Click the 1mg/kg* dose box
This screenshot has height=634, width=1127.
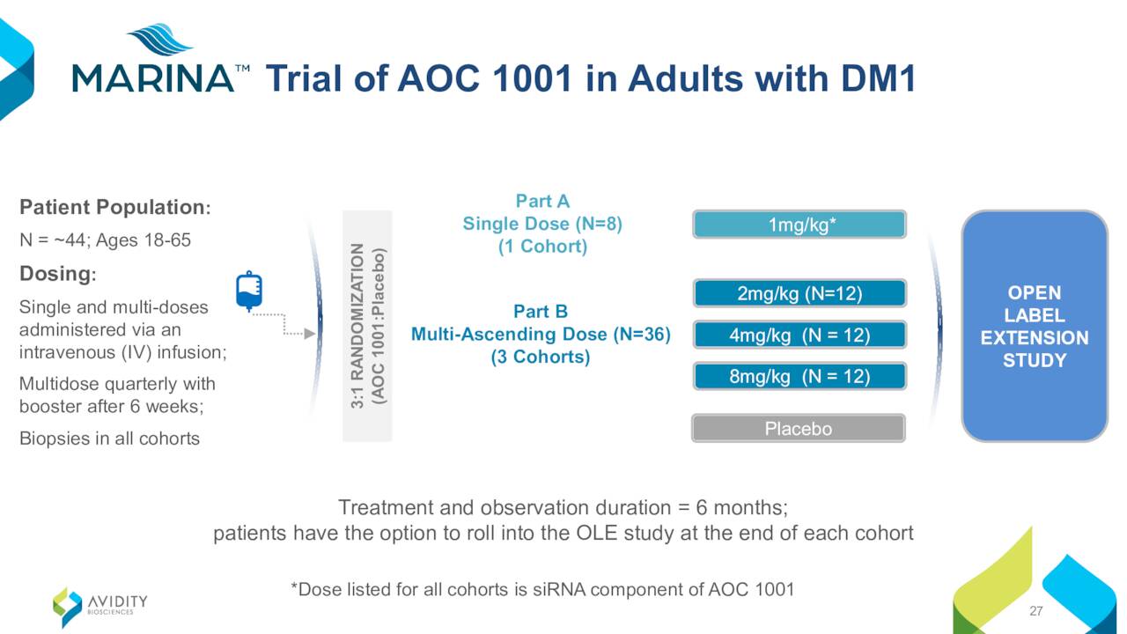pos(799,225)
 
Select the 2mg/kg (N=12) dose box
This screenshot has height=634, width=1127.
pos(799,293)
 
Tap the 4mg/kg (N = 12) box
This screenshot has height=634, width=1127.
pos(799,335)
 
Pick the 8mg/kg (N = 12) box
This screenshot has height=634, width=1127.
pos(799,376)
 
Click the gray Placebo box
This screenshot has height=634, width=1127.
pos(799,428)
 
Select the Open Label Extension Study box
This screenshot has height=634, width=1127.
pos(1035,326)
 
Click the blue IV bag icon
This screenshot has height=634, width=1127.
pos(249,291)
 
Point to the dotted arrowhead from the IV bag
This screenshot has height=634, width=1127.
pos(310,333)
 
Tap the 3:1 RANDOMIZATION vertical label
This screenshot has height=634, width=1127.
pos(367,326)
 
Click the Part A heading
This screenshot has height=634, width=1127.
pos(542,201)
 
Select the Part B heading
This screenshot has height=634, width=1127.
pos(541,311)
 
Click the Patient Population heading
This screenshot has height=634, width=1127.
pos(115,207)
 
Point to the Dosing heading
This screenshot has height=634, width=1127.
pos(58,274)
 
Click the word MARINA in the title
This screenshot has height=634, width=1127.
pos(153,78)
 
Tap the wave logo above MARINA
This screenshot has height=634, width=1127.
pos(159,39)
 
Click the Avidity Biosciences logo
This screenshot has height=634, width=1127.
pos(100,607)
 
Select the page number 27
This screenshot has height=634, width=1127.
pos(1036,611)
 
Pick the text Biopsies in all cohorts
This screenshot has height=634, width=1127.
pos(109,439)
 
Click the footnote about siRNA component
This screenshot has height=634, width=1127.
pos(542,589)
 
